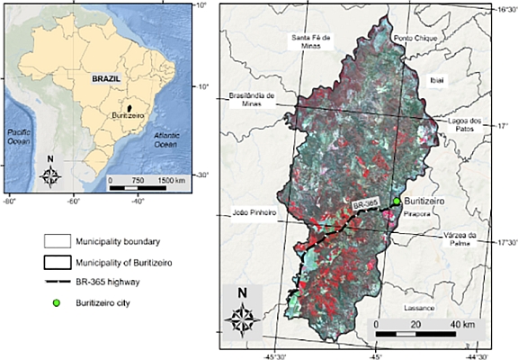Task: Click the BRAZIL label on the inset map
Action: [106, 79]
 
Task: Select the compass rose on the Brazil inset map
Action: [50, 174]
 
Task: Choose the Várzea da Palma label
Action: [465, 238]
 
